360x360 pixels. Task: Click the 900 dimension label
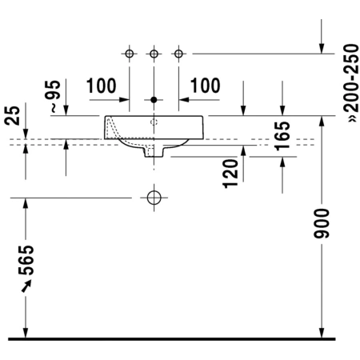(322, 223)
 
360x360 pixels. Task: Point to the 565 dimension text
(26, 260)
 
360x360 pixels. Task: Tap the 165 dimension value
(282, 136)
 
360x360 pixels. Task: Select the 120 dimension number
(230, 174)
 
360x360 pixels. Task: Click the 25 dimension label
(12, 116)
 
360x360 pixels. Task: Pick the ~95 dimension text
(53, 96)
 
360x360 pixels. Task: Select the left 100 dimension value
(102, 86)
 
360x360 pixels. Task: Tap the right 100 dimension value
(205, 86)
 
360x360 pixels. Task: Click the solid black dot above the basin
(154, 100)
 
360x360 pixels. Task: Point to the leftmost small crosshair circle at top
(130, 54)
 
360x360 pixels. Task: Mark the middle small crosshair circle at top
(154, 54)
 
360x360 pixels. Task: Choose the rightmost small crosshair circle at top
(178, 54)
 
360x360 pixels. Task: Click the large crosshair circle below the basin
(154, 198)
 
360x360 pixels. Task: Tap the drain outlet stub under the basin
(154, 151)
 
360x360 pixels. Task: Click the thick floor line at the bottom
(172, 339)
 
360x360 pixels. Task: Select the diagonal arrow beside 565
(26, 286)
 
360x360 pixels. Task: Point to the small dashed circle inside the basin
(154, 122)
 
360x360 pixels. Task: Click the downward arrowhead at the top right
(322, 49)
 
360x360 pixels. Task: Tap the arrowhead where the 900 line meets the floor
(322, 332)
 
